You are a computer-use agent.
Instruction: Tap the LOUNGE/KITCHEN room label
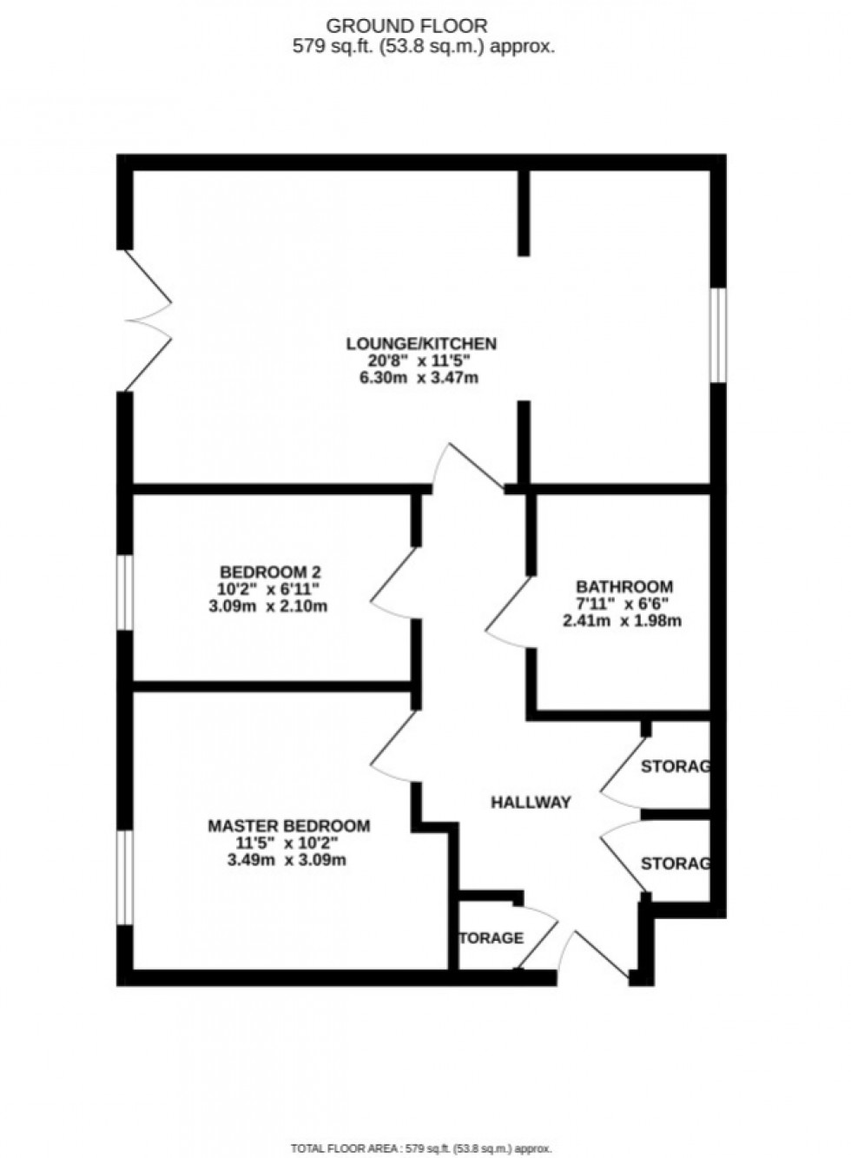pyautogui.click(x=421, y=344)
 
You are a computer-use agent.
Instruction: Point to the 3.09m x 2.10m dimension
pyautogui.click(x=268, y=606)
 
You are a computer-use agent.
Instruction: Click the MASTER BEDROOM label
pyautogui.click(x=288, y=826)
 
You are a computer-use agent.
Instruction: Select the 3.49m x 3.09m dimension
pyautogui.click(x=287, y=860)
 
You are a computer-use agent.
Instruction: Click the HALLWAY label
pyautogui.click(x=531, y=803)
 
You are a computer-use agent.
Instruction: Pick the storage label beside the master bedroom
pyautogui.click(x=491, y=938)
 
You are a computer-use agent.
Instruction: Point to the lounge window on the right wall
pyautogui.click(x=717, y=334)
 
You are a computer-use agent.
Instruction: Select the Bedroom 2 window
pyautogui.click(x=125, y=592)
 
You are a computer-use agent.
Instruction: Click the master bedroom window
pyautogui.click(x=125, y=877)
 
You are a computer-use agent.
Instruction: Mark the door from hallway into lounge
pyautogui.click(x=467, y=467)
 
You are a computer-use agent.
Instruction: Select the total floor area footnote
pyautogui.click(x=421, y=1149)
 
